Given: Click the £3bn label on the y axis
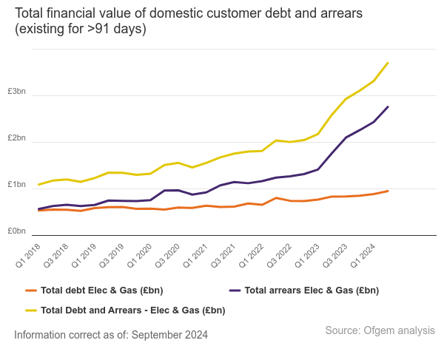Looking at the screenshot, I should [x=16, y=92].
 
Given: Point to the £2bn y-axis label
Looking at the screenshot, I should [x=16, y=138].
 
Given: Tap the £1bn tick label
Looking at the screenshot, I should [x=16, y=185].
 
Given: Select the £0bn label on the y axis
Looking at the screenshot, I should [x=16, y=231].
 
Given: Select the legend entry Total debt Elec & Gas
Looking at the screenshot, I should [x=102, y=291].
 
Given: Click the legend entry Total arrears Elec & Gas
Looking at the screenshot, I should [x=311, y=291].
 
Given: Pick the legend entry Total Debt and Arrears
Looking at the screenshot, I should [x=132, y=310].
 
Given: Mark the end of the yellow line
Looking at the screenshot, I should [x=388, y=63].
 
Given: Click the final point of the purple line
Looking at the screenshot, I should [x=388, y=107].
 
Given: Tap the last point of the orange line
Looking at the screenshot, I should [x=388, y=191].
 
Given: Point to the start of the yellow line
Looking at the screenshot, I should [x=38, y=185].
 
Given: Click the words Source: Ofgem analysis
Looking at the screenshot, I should [x=380, y=330].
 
